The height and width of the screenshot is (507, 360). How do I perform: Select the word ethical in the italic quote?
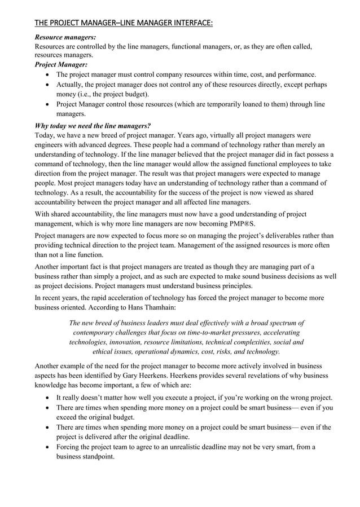point(106,352)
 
